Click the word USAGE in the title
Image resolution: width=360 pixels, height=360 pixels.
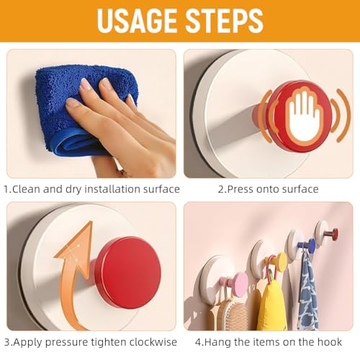(137, 21)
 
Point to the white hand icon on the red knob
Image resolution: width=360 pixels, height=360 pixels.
(304, 115)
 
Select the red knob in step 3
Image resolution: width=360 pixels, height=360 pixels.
(127, 272)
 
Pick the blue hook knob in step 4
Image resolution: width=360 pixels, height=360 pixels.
(311, 246)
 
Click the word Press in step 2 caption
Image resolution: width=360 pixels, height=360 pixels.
(240, 189)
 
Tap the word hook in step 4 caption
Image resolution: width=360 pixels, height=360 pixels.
(330, 342)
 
